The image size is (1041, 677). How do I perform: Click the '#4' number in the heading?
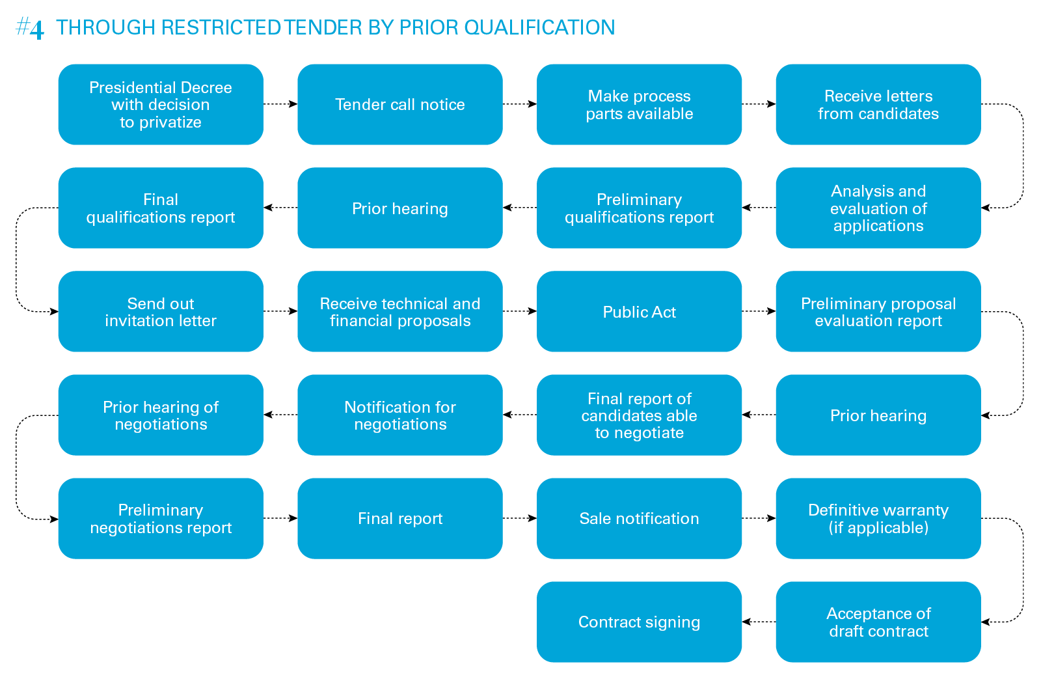pyautogui.click(x=30, y=28)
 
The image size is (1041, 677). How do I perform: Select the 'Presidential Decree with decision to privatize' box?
pyautogui.click(x=161, y=104)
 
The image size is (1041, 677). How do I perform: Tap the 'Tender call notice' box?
pyautogui.click(x=399, y=104)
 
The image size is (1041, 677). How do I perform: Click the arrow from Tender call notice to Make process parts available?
pyautogui.click(x=519, y=104)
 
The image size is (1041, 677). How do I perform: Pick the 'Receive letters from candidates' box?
pyautogui.click(x=878, y=104)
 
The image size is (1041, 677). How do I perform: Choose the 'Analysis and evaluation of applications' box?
pyautogui.click(x=878, y=208)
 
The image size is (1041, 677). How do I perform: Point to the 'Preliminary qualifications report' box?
pyautogui.click(x=639, y=208)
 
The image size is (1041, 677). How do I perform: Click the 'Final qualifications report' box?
pyautogui.click(x=161, y=208)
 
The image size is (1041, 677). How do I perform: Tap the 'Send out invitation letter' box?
pyautogui.click(x=161, y=311)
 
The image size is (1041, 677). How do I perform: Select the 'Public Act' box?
pyautogui.click(x=639, y=311)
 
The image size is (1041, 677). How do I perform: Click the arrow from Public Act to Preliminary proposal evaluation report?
pyautogui.click(x=759, y=311)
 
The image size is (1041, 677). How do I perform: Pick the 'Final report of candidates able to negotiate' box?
pyautogui.click(x=639, y=415)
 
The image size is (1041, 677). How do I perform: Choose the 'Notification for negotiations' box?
pyautogui.click(x=399, y=415)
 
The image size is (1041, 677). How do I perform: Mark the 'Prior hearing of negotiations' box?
pyautogui.click(x=161, y=415)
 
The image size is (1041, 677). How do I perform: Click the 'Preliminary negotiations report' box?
pyautogui.click(x=161, y=518)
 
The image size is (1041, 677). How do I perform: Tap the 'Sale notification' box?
pyautogui.click(x=639, y=518)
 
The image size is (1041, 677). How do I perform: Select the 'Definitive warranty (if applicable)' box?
pyautogui.click(x=878, y=518)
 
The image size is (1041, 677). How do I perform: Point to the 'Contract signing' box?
pyautogui.click(x=639, y=622)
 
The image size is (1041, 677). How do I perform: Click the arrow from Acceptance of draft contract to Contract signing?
pyautogui.click(x=759, y=622)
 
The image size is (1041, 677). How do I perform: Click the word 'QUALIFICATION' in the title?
pyautogui.click(x=539, y=27)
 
